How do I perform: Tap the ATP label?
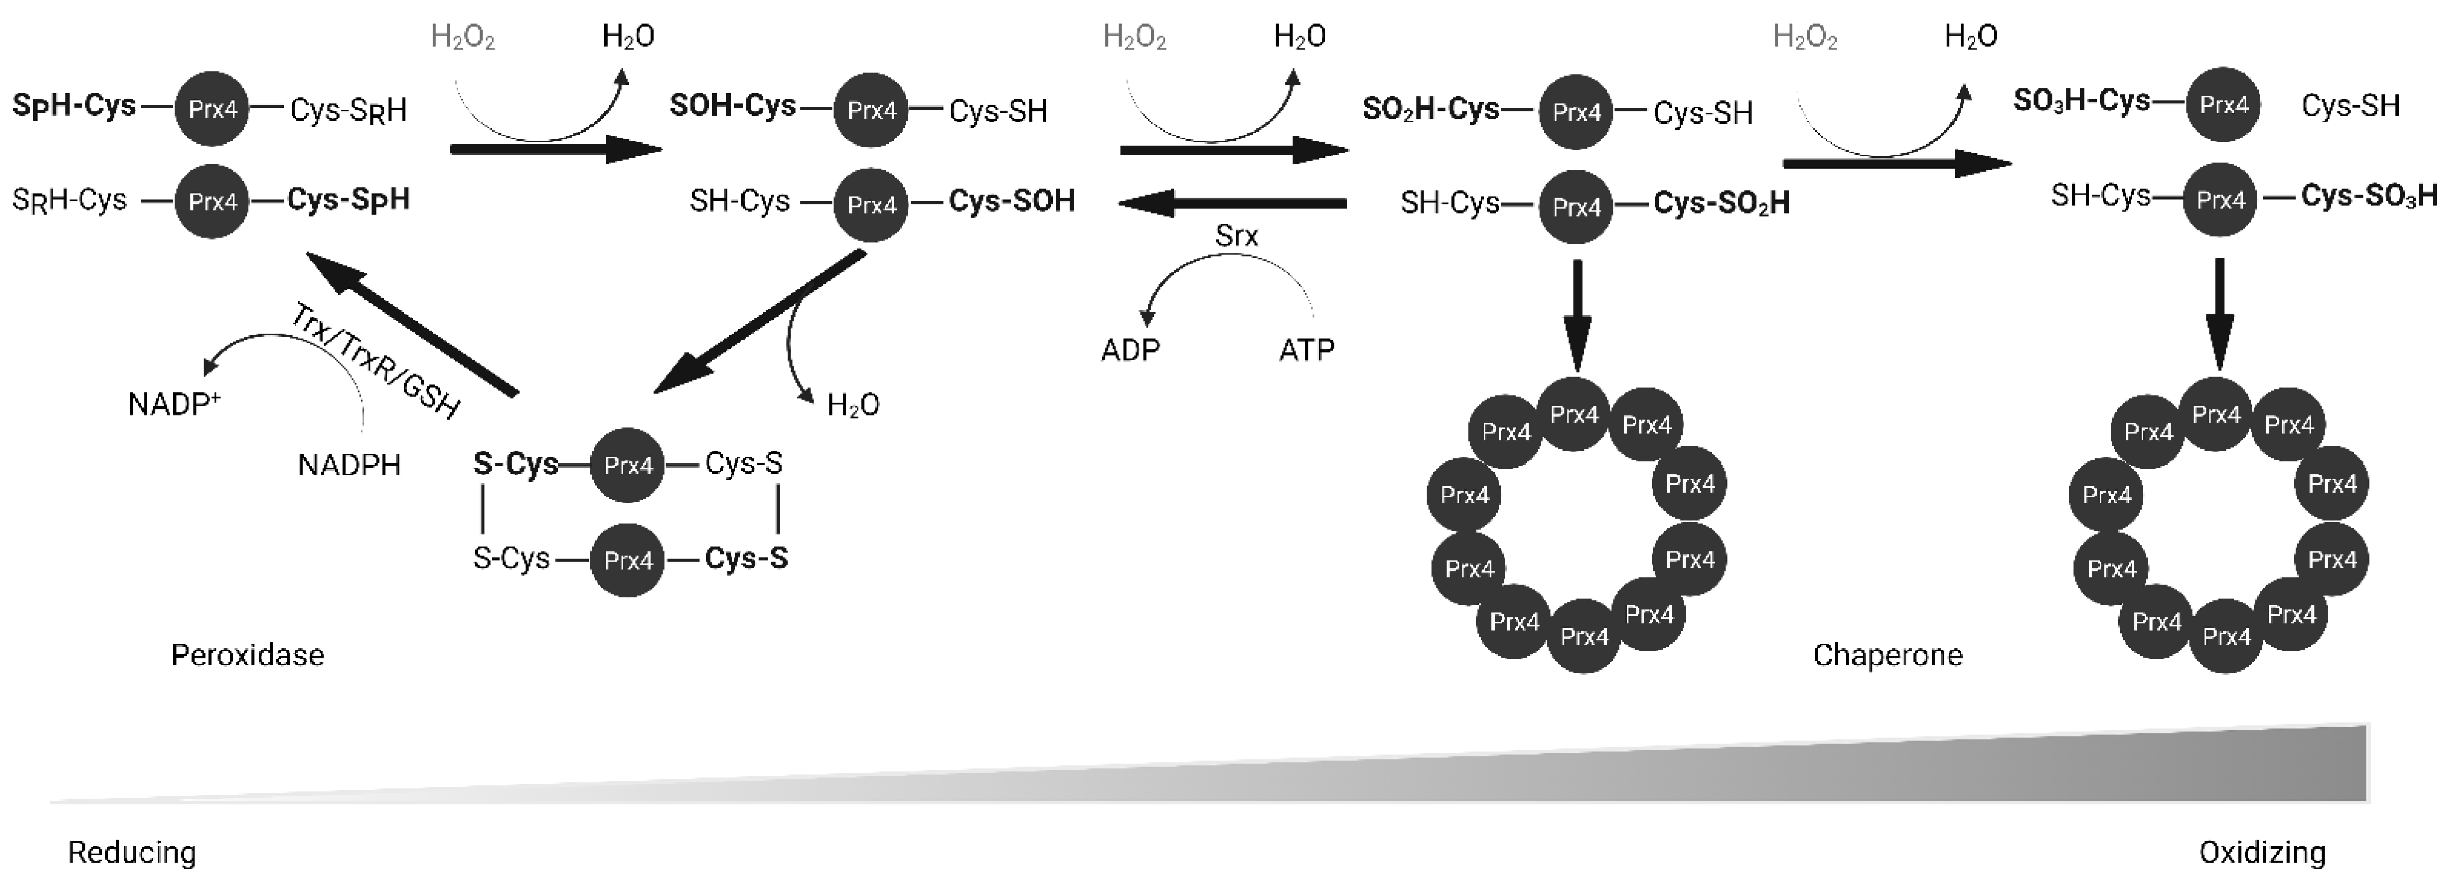1306,350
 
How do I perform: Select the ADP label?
1130,350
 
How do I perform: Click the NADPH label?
348,465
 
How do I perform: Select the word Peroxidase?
247,655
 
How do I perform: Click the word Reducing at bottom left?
132,853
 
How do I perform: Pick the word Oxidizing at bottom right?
2262,853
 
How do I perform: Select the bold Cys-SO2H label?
1720,203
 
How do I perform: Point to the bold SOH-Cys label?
732,105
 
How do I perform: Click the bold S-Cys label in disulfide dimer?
516,465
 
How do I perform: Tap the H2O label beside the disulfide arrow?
853,405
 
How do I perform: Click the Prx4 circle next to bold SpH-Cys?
212,109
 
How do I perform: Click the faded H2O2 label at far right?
1804,37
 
